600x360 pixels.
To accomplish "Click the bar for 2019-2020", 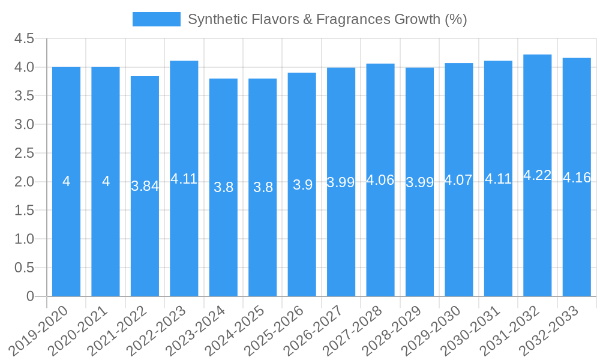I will (x=66, y=228).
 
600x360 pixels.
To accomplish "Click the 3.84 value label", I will (x=145, y=186).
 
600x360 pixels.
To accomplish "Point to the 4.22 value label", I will (x=537, y=175).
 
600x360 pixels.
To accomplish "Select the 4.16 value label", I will (x=577, y=178).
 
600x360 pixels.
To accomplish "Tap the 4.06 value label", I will (x=380, y=180).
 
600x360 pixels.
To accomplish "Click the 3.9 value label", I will (x=302, y=185).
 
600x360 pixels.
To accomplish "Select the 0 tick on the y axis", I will (x=30, y=296).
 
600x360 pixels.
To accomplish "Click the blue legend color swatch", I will (x=156, y=19).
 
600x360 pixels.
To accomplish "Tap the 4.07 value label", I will (x=458, y=180).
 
